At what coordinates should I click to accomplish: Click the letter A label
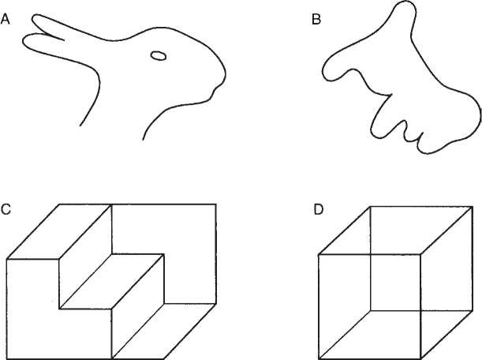(6, 20)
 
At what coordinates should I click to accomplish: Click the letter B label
(316, 20)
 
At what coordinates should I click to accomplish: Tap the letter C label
(6, 209)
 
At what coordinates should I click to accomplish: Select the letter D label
(319, 210)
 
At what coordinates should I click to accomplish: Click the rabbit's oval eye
(159, 56)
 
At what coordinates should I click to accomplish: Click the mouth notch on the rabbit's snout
(215, 89)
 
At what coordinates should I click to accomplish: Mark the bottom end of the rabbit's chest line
(143, 140)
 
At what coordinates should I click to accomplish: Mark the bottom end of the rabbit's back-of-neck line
(80, 126)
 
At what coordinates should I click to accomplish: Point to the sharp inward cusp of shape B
(391, 95)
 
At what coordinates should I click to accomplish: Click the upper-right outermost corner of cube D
(473, 207)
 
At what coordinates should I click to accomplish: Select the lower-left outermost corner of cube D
(319, 358)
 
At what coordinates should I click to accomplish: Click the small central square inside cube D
(396, 283)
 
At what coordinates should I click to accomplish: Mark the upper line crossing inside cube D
(371, 254)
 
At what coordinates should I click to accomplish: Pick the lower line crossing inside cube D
(420, 310)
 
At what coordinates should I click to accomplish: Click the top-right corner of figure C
(216, 204)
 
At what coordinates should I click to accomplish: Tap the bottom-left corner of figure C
(7, 358)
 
